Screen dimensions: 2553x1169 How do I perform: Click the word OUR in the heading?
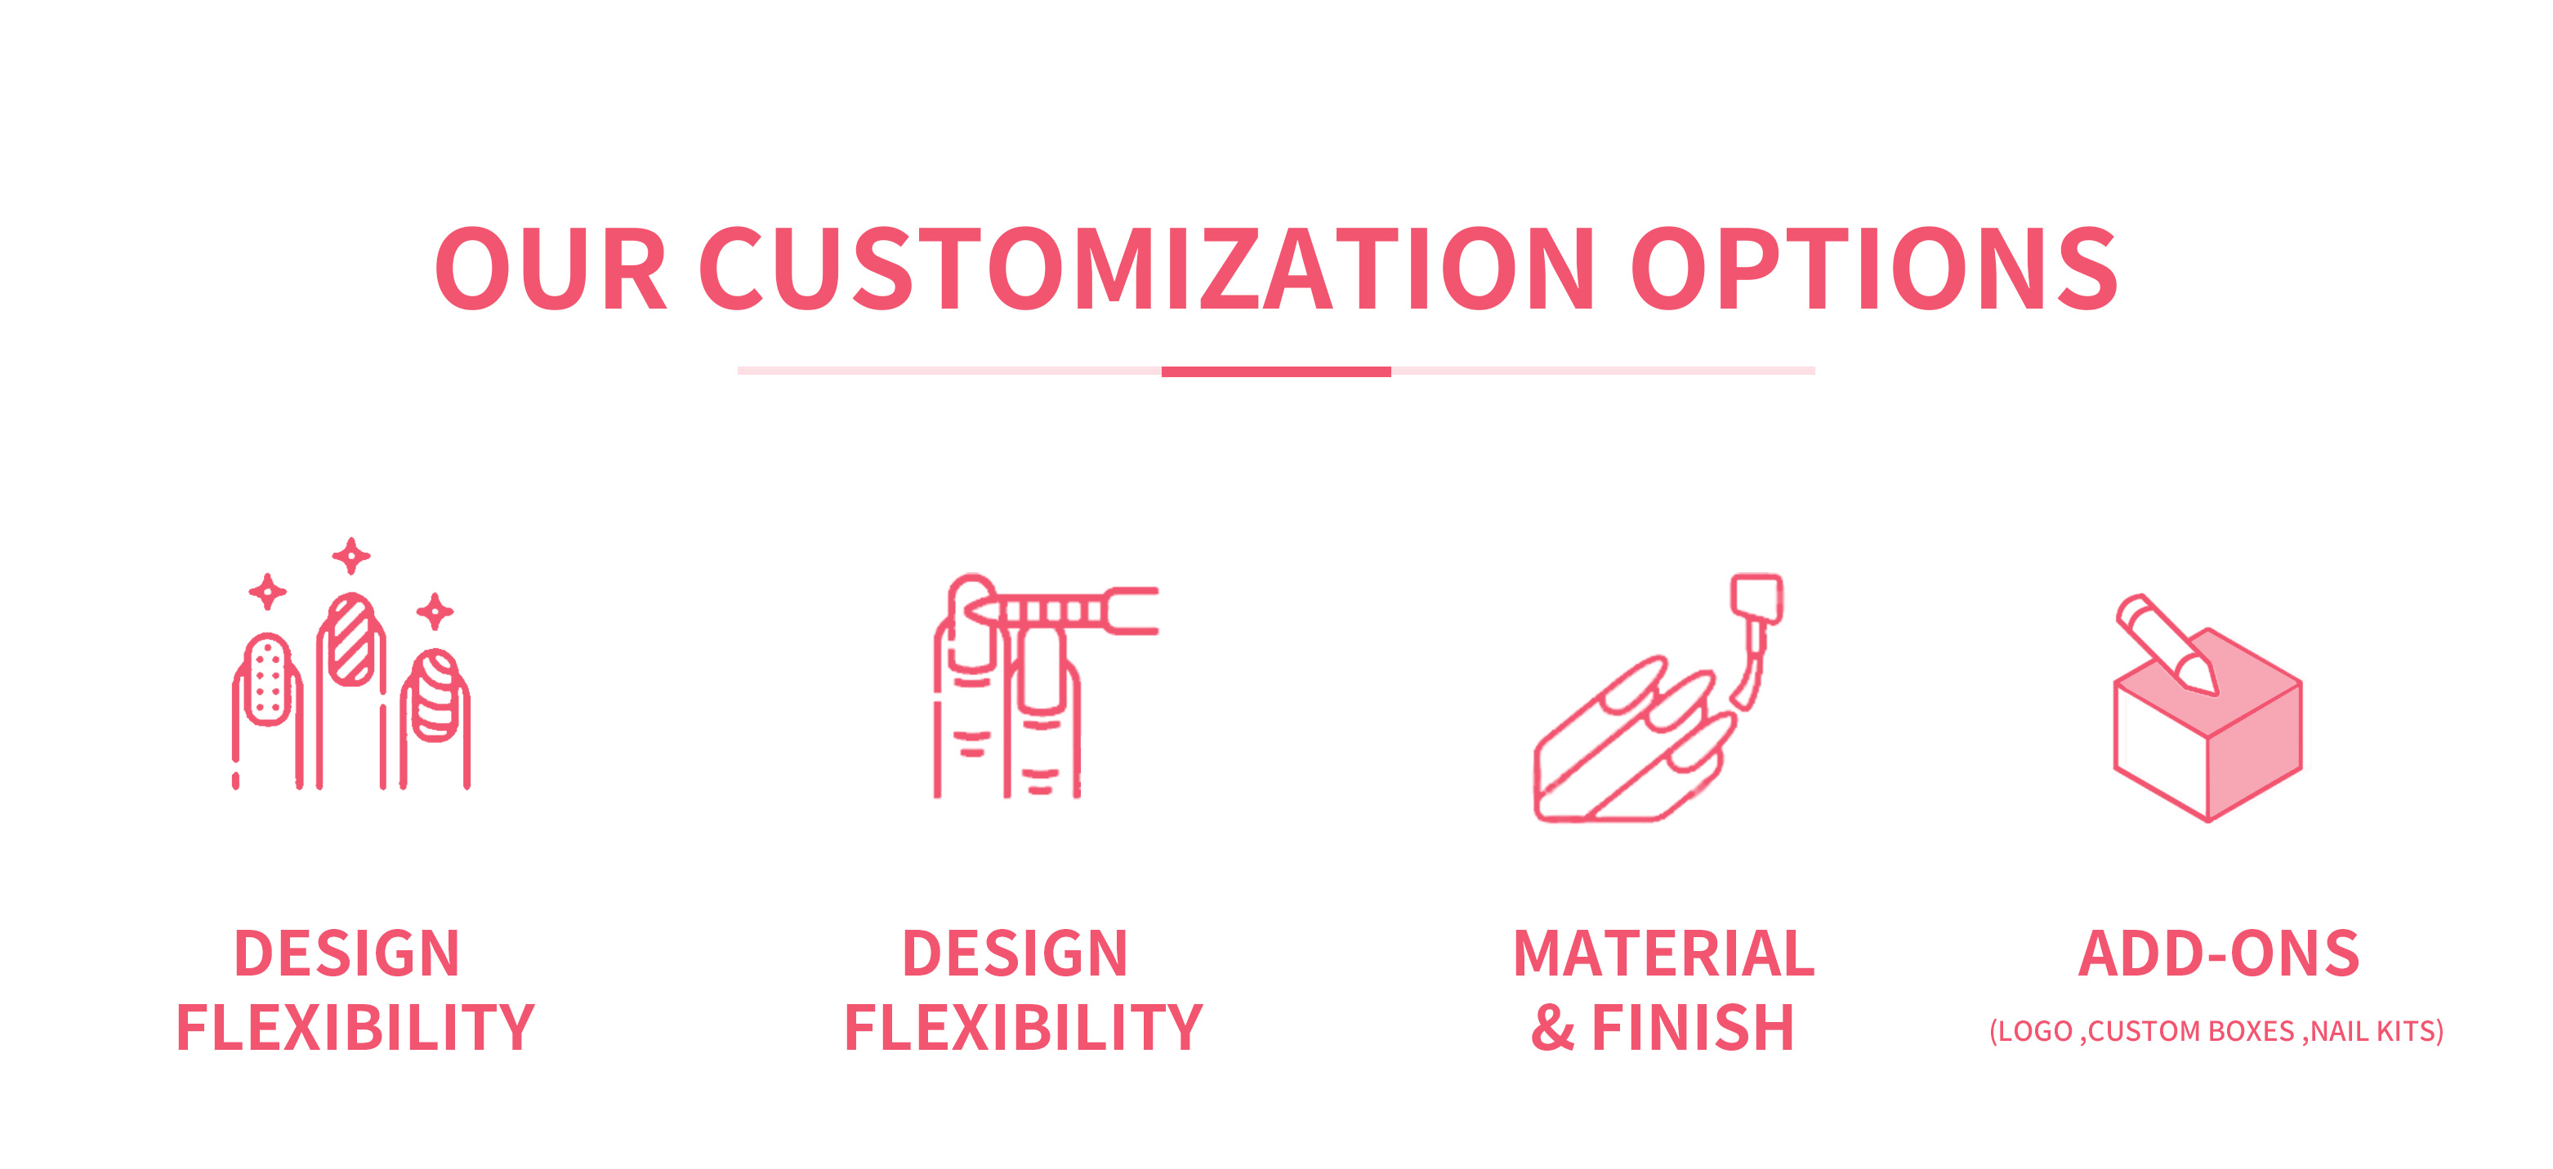551,269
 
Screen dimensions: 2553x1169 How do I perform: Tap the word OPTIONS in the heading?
1874,269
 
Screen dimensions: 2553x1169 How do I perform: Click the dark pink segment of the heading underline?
1276,371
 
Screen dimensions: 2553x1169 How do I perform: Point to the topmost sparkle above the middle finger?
350,556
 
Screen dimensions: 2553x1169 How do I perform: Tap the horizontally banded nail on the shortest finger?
436,696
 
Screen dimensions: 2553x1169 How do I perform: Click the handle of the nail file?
1131,611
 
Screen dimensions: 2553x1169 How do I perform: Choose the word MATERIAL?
1664,954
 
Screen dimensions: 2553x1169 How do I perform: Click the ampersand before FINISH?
1553,1027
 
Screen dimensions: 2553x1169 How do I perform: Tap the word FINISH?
1693,1027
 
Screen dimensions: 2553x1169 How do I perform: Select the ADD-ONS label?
2219,954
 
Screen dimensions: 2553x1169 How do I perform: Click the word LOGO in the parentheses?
2036,1031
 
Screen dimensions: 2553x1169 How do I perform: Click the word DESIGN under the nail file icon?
1015,954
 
